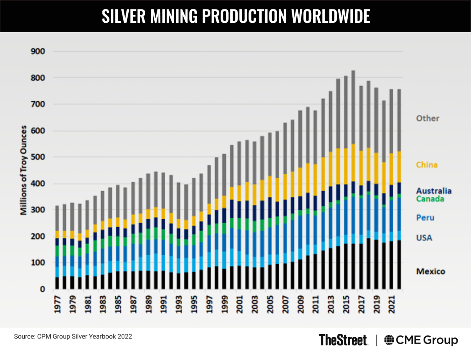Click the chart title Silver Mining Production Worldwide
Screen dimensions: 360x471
click(x=235, y=16)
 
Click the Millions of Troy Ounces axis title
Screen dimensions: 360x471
click(x=24, y=170)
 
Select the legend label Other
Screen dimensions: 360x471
click(x=428, y=118)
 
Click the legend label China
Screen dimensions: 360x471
click(x=427, y=165)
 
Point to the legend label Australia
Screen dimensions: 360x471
click(x=434, y=191)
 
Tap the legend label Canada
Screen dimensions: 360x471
click(x=430, y=199)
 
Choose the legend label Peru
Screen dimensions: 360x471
click(x=425, y=218)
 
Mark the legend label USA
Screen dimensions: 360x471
click(x=424, y=238)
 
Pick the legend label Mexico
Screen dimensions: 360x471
click(x=431, y=271)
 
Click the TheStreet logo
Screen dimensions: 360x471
click(x=343, y=340)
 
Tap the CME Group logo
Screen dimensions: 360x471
click(x=421, y=340)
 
